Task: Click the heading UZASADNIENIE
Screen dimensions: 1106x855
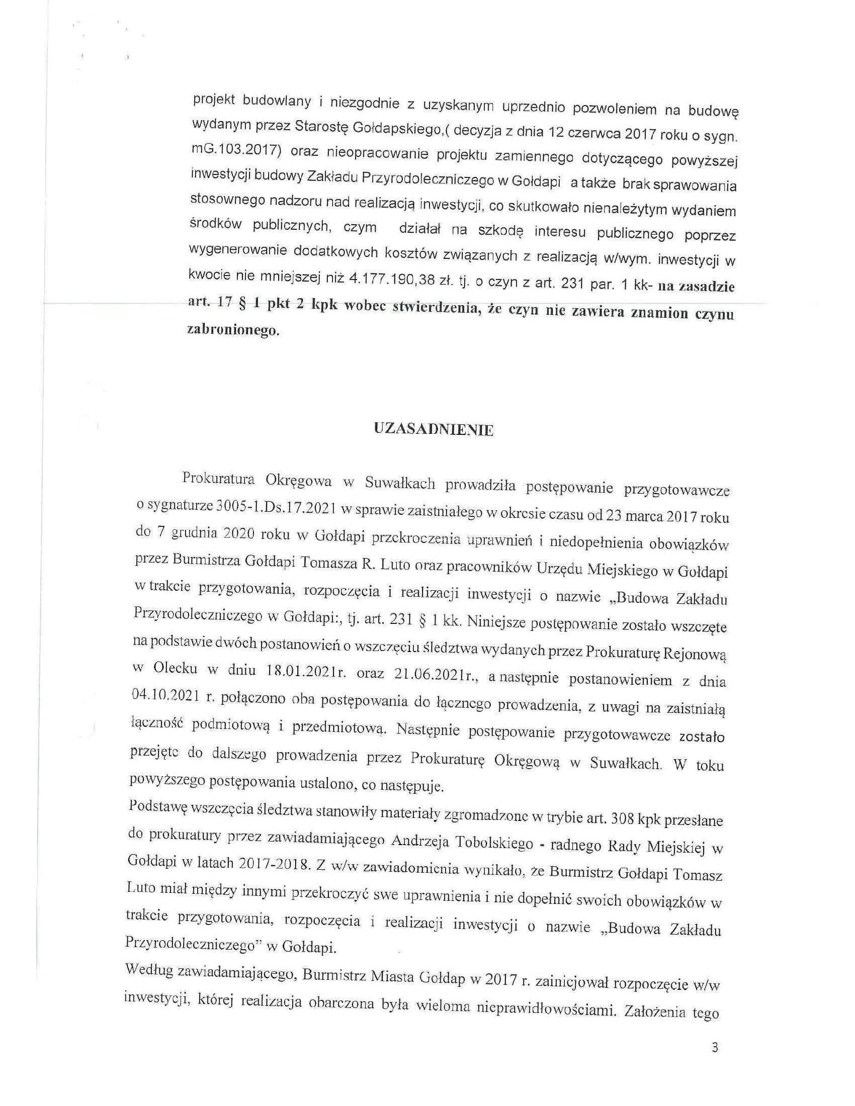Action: tap(433, 430)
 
